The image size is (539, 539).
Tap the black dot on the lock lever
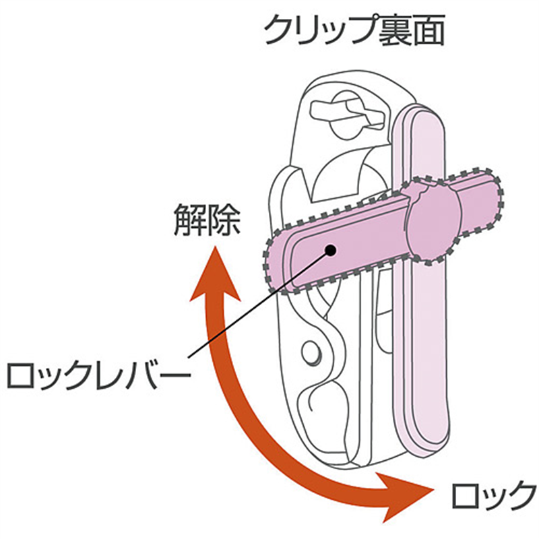coord(331,249)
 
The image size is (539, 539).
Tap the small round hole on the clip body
coord(312,352)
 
